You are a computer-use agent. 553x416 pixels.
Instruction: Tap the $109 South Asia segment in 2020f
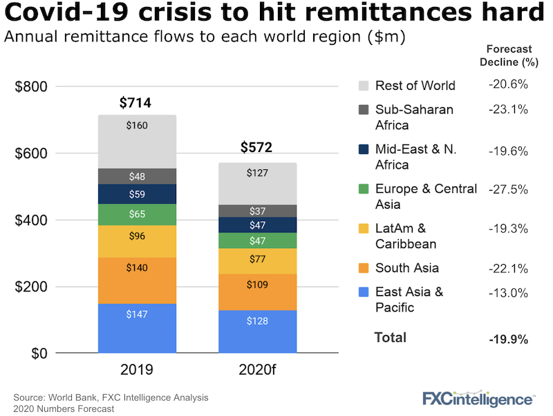pos(258,284)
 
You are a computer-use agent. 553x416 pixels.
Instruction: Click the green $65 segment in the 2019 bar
pos(137,214)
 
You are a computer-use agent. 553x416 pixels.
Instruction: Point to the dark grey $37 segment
pos(258,211)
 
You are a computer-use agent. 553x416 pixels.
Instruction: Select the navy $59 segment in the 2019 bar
pos(137,194)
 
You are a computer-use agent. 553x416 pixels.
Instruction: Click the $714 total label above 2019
pos(135,104)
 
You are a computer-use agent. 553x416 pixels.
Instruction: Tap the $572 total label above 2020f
pos(256,147)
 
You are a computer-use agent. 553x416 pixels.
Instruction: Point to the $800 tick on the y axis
pos(30,87)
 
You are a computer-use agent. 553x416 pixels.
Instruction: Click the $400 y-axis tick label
pos(30,220)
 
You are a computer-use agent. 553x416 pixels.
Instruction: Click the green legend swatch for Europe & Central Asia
pos(364,189)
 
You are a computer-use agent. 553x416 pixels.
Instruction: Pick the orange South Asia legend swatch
pos(364,268)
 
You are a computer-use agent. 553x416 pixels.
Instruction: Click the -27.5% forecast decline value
pos(509,189)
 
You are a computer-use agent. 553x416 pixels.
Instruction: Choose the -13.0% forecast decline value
pos(509,292)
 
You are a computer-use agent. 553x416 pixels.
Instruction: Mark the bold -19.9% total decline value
pos(509,339)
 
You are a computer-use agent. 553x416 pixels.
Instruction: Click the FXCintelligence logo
pos(478,398)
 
